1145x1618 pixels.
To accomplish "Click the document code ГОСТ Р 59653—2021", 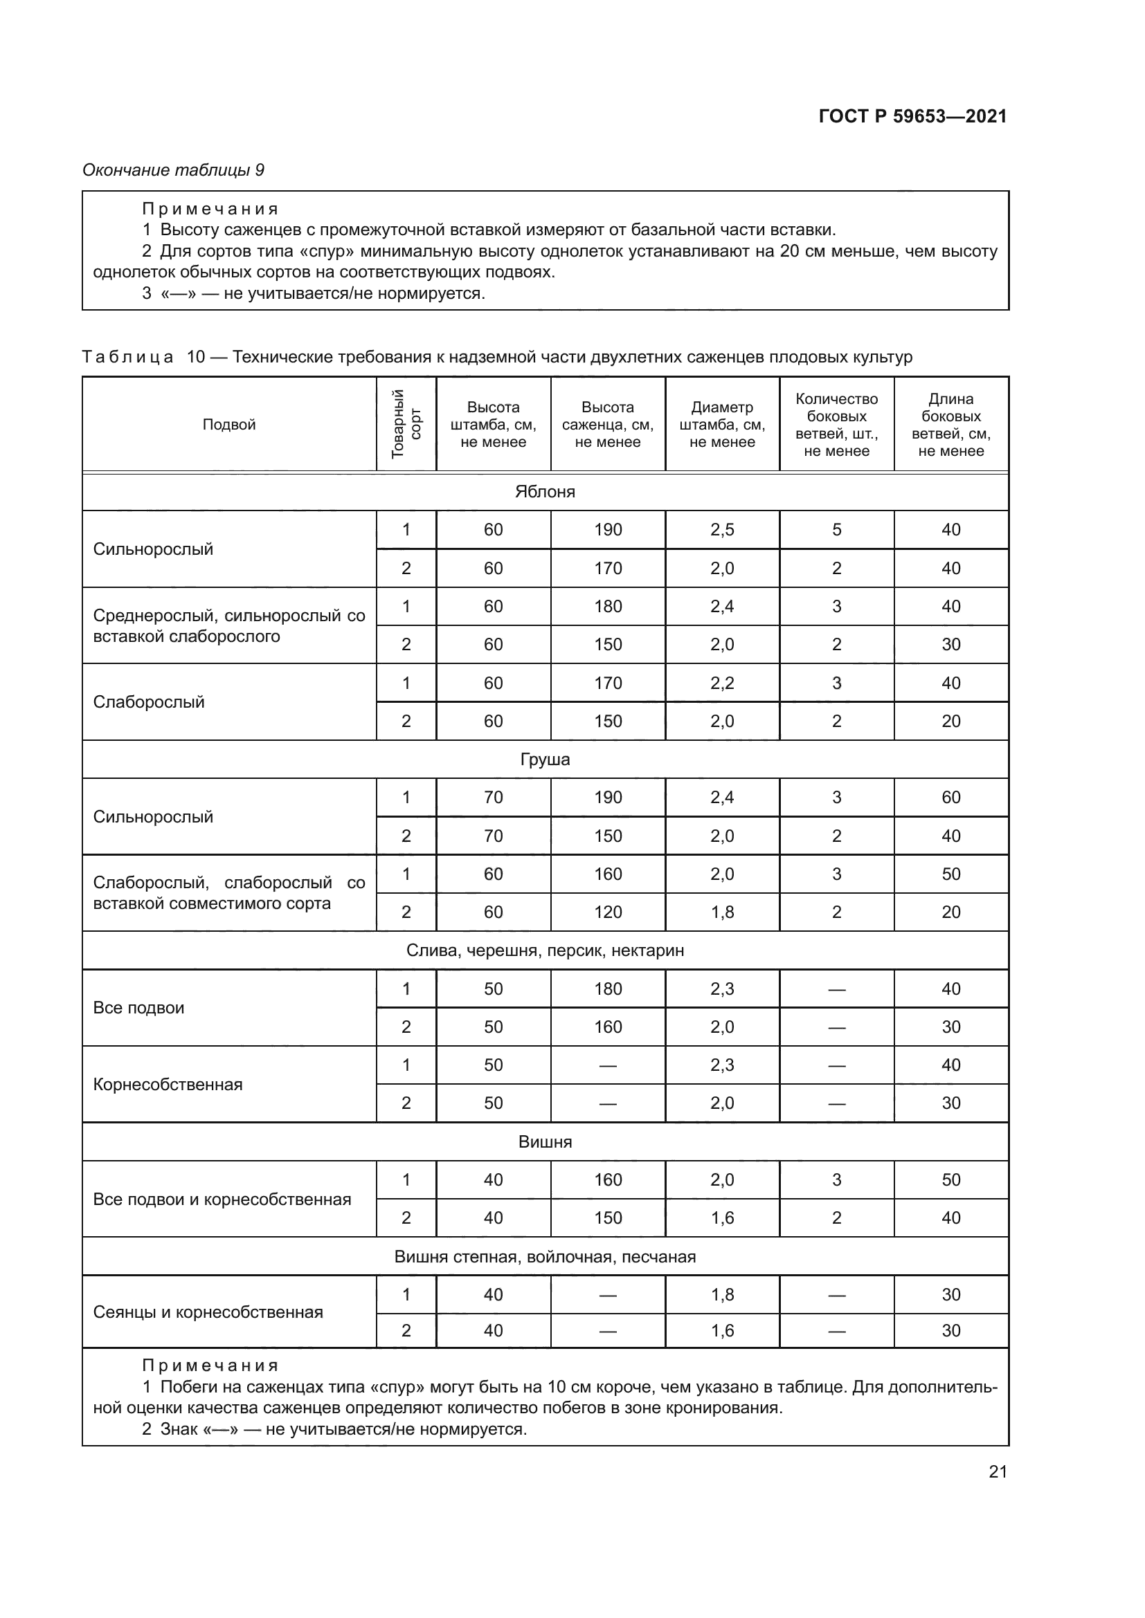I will pyautogui.click(x=912, y=116).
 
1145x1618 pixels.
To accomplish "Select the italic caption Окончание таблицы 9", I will pyautogui.click(x=174, y=170).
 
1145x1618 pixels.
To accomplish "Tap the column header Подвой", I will pyautogui.click(x=228, y=424).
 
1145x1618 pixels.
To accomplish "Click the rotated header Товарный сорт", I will pyautogui.click(x=406, y=423).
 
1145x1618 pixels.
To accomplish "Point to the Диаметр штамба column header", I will pyautogui.click(x=722, y=424).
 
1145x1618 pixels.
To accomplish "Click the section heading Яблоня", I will pyautogui.click(x=545, y=492).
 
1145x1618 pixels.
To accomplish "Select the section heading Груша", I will pyautogui.click(x=545, y=760).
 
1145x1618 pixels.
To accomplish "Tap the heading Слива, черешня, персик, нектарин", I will pyautogui.click(x=545, y=950).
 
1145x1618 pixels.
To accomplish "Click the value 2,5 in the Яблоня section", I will pyautogui.click(x=722, y=530).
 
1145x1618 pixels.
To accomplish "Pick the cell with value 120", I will pyautogui.click(x=608, y=912).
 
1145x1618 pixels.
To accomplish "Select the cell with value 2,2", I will pyautogui.click(x=722, y=683).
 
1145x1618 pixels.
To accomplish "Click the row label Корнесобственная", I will pyautogui.click(x=168, y=1084).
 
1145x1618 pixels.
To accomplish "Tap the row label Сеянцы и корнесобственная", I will pyautogui.click(x=208, y=1312).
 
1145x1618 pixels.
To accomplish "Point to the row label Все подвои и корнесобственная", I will pyautogui.click(x=222, y=1199).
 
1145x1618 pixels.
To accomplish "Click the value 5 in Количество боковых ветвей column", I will pyautogui.click(x=837, y=530).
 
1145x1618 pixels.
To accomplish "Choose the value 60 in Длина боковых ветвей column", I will pyautogui.click(x=951, y=797).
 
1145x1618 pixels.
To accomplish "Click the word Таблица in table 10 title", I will pyautogui.click(x=127, y=357).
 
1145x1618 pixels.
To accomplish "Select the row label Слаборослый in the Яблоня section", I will pyautogui.click(x=149, y=702).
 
